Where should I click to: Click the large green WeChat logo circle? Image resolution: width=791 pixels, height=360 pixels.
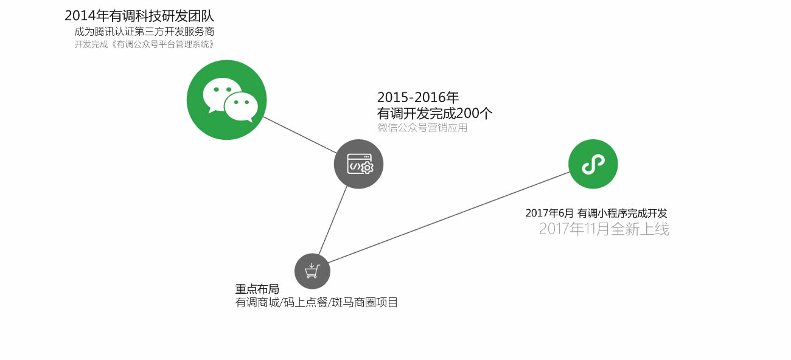[x=227, y=100]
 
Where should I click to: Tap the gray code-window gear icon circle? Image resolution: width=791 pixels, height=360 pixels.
[x=358, y=164]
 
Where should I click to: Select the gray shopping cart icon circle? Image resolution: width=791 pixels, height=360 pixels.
[x=312, y=271]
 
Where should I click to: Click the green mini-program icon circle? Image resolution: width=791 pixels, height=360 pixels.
[x=593, y=164]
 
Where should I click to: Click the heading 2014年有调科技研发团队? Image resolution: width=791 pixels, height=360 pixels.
[x=139, y=16]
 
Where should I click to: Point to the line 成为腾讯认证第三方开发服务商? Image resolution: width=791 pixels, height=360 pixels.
[x=144, y=32]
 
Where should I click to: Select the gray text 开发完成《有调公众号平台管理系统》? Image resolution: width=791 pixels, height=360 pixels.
[x=144, y=44]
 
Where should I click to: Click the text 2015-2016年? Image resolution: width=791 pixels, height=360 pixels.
[x=418, y=97]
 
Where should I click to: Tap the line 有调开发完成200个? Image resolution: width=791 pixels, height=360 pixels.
[x=434, y=113]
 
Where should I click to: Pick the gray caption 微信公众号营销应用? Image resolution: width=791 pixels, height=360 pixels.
[x=422, y=128]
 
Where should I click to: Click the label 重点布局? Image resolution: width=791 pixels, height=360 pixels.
[x=257, y=289]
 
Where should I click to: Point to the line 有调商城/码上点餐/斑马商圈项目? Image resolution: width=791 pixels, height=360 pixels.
[x=316, y=302]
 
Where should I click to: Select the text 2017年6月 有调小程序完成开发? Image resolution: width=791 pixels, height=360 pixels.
[x=596, y=213]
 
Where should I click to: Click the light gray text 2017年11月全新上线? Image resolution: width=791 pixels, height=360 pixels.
[x=604, y=229]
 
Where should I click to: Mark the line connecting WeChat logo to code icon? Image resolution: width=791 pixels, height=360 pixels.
[x=300, y=135]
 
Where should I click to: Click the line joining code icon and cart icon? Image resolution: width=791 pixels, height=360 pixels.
[x=333, y=220]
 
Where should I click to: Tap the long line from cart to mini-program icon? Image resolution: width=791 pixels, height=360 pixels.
[x=449, y=217]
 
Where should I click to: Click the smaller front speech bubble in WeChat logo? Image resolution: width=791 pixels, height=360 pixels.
[x=241, y=106]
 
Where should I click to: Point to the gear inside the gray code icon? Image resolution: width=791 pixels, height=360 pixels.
[x=368, y=168]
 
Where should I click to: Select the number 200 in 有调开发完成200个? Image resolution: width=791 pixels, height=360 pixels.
[x=467, y=113]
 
